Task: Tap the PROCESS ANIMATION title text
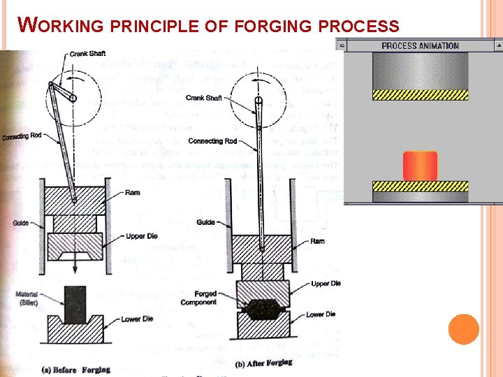point(420,46)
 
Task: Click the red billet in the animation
point(420,166)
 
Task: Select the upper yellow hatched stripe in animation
point(420,94)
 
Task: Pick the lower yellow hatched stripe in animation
point(420,186)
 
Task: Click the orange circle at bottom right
point(463,329)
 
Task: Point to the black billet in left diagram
point(73,302)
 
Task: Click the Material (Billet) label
point(27,299)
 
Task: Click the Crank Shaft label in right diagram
point(204,98)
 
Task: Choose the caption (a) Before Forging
point(75,369)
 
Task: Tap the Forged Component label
point(198,298)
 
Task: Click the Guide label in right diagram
point(205,222)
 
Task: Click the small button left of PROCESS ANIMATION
point(341,45)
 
